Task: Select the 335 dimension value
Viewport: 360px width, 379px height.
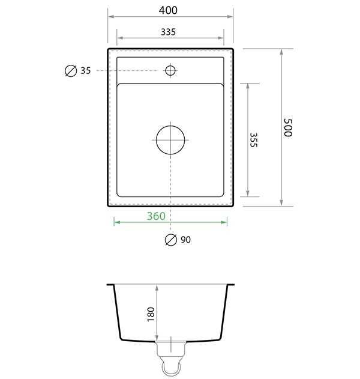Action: coord(169,32)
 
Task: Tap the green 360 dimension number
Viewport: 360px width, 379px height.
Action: coord(157,216)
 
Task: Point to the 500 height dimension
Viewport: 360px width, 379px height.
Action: coord(287,127)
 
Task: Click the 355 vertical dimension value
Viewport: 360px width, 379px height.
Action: coord(253,140)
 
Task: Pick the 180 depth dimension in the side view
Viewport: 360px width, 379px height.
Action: coord(151,313)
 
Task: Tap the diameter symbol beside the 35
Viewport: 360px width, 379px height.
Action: coord(70,71)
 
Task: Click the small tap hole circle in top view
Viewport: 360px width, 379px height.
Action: coord(170,71)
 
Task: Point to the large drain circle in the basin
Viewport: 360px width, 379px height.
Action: coord(171,140)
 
